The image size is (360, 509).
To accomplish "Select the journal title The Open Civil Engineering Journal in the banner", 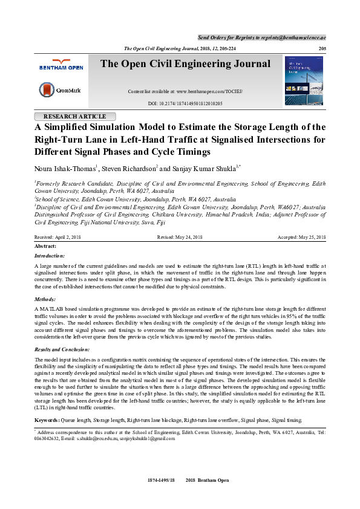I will pos(185,64).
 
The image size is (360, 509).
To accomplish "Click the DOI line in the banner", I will pos(185,104).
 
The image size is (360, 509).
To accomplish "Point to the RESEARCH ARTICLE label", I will pos(74,116).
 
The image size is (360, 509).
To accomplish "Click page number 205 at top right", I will pos(321,48).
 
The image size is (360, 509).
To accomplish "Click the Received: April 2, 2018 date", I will pos(57,238).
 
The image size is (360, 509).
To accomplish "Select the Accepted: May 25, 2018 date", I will pos(301,238).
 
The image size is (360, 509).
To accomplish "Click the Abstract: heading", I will pos(45,246).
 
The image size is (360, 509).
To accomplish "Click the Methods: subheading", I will pos(45,299).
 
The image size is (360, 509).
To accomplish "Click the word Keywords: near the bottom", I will pos(47,420).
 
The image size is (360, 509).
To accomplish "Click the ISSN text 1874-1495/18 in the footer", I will pos(161,480).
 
